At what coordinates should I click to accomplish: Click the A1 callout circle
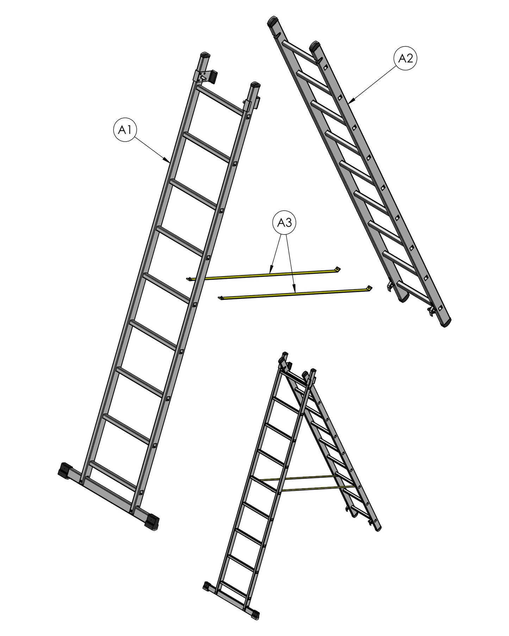point(125,130)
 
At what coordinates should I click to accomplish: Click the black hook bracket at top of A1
point(212,77)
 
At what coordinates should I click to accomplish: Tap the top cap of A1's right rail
point(255,85)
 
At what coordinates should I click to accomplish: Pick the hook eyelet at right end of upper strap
point(338,269)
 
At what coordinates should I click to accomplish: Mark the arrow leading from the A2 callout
point(371,84)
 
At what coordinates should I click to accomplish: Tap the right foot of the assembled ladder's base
point(255,613)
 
